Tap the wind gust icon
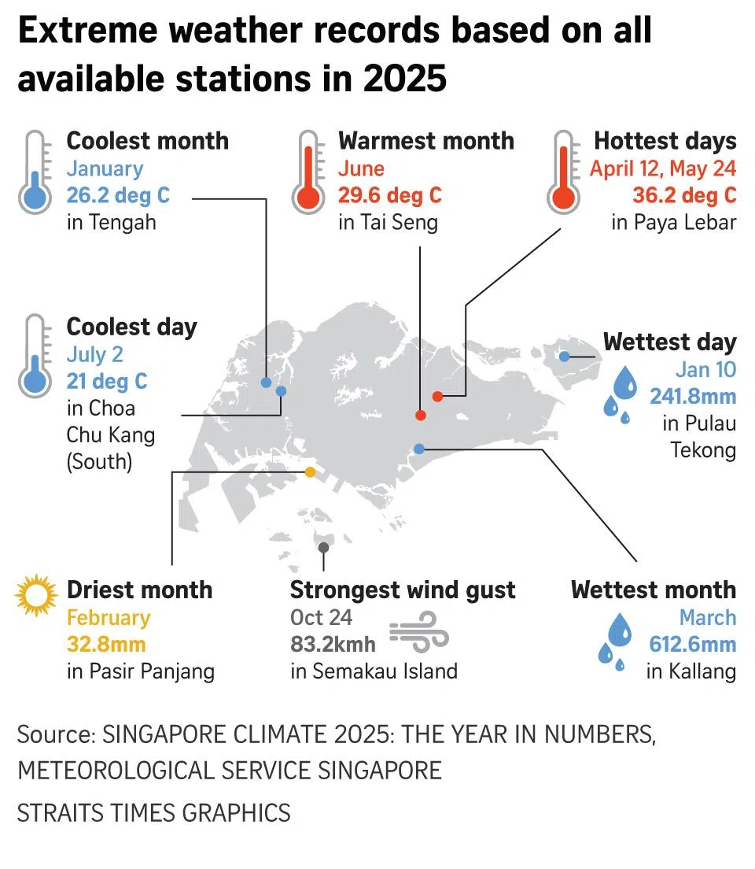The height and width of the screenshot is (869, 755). click(419, 634)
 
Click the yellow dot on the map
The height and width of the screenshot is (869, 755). click(310, 472)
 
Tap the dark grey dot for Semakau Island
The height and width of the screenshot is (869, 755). click(323, 547)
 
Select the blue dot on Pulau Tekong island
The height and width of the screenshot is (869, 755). click(565, 357)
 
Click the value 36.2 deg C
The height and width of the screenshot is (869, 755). click(684, 194)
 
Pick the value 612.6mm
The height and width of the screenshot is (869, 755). click(692, 645)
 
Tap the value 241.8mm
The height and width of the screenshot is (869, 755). click(692, 396)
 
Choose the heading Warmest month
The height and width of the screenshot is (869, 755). click(425, 141)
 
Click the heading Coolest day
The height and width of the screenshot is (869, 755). click(131, 327)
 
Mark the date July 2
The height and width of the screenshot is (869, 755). click(94, 354)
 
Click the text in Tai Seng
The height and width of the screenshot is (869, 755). click(388, 222)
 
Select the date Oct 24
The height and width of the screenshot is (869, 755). click(321, 618)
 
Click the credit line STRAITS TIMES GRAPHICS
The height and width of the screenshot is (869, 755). click(153, 812)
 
